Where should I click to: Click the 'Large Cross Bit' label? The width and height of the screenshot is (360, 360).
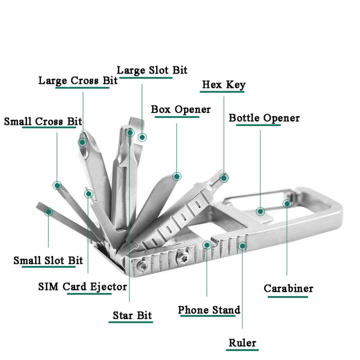pyautogui.click(x=78, y=80)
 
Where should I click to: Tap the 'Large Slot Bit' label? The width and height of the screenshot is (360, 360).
pyautogui.click(x=152, y=70)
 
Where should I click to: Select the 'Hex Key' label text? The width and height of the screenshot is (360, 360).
pyautogui.click(x=223, y=84)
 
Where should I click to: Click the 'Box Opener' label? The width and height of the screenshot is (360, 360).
pyautogui.click(x=181, y=109)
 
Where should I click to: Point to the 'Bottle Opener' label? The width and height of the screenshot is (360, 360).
pyautogui.click(x=264, y=118)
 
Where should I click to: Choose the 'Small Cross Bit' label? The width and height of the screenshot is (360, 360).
pyautogui.click(x=43, y=121)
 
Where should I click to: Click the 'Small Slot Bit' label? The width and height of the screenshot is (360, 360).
pyautogui.click(x=48, y=260)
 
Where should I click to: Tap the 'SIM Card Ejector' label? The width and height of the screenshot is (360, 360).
pyautogui.click(x=82, y=286)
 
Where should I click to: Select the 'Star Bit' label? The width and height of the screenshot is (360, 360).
pyautogui.click(x=132, y=315)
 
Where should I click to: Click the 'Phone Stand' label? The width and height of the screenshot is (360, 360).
pyautogui.click(x=209, y=310)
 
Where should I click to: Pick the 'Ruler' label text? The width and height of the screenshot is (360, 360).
pyautogui.click(x=242, y=342)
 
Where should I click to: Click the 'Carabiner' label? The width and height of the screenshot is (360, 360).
pyautogui.click(x=288, y=288)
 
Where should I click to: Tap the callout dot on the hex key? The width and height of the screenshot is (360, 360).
pyautogui.click(x=224, y=177)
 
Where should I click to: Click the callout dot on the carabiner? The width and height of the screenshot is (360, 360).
pyautogui.click(x=287, y=203)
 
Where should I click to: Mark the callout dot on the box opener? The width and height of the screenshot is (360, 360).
pyautogui.click(x=176, y=176)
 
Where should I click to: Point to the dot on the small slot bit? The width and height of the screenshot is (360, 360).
pyautogui.click(x=48, y=212)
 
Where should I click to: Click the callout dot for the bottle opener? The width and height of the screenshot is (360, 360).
pyautogui.click(x=260, y=211)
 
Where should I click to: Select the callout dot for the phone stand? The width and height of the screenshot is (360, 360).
pyautogui.click(x=207, y=245)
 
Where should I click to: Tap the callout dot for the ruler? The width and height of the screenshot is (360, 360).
pyautogui.click(x=242, y=245)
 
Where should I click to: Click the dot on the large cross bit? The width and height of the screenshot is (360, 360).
pyautogui.click(x=82, y=142)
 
